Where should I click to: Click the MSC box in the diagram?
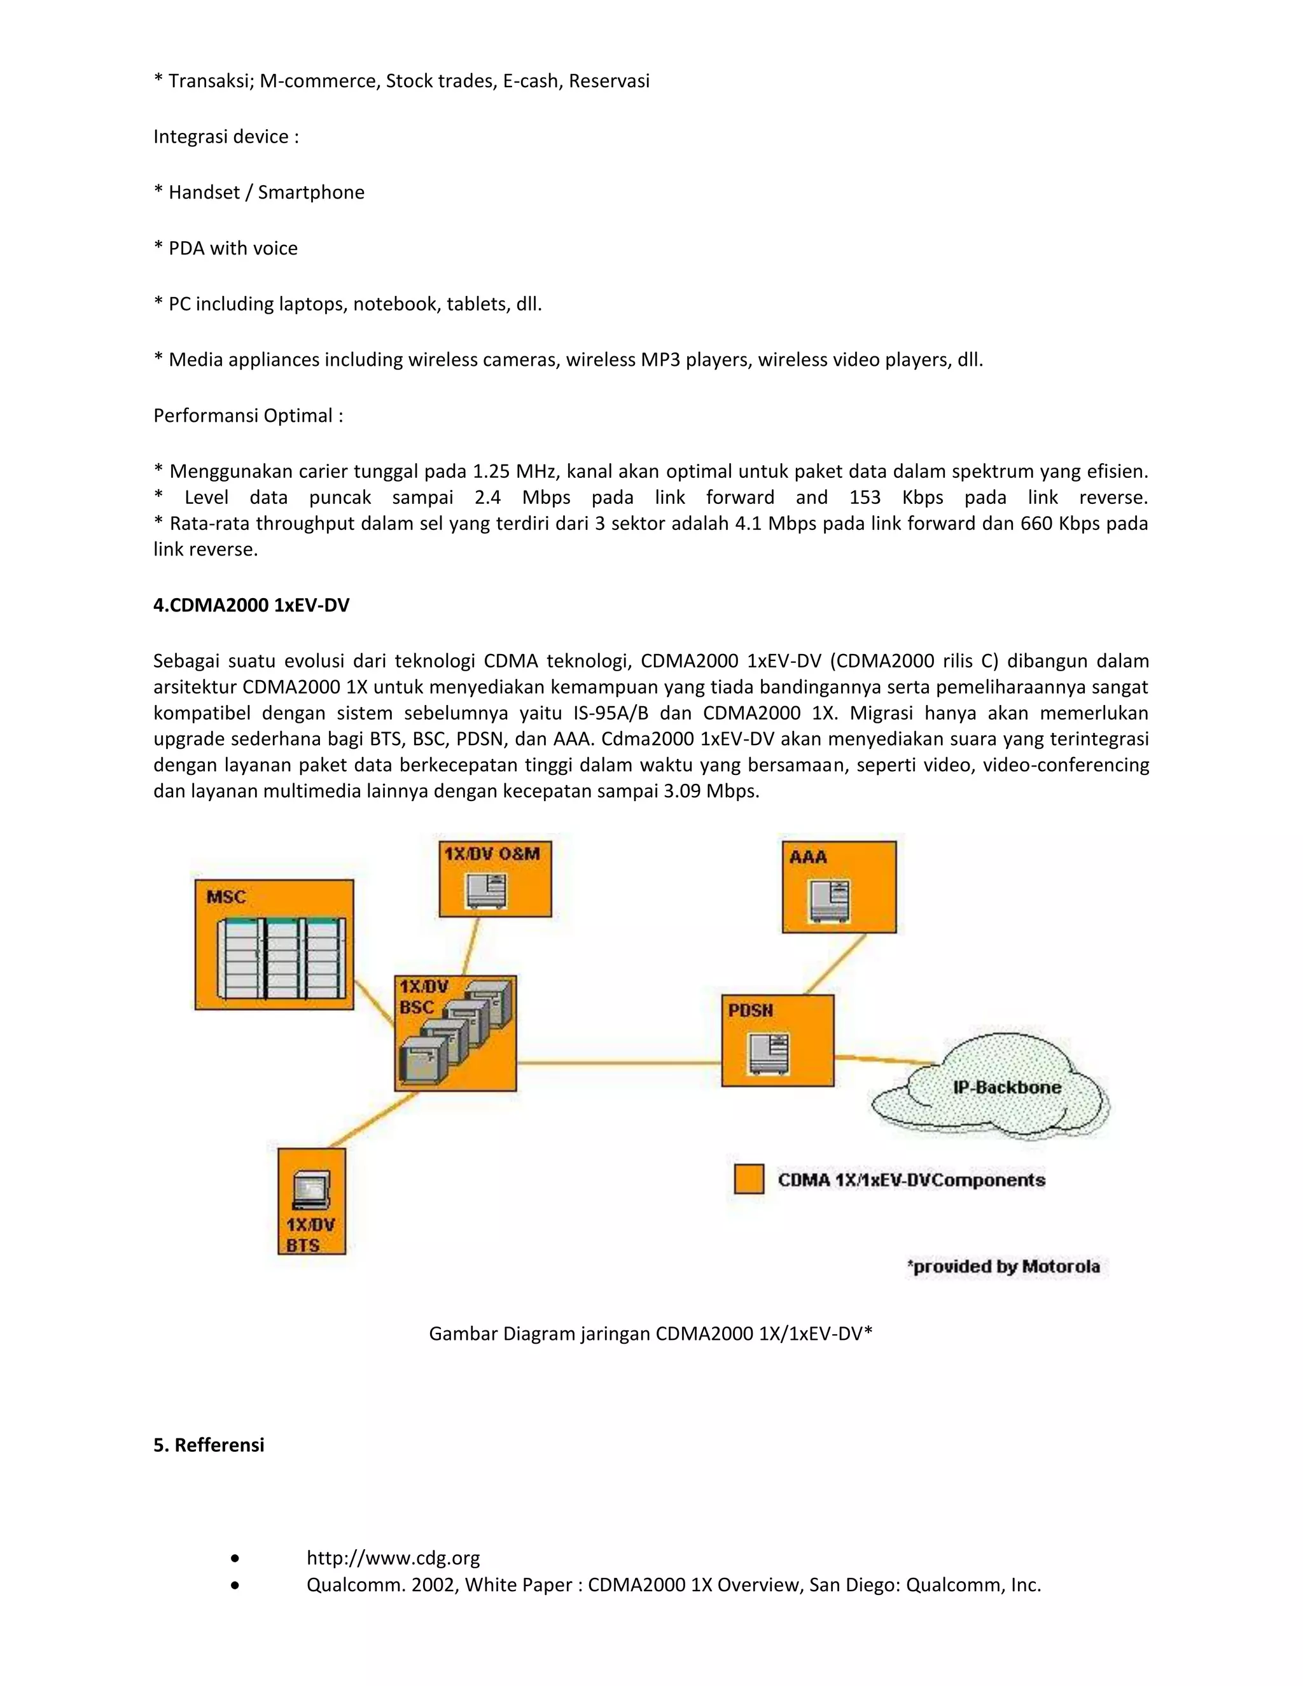(x=274, y=944)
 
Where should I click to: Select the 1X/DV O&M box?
(x=495, y=879)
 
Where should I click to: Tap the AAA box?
(x=839, y=887)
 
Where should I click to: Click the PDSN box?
(x=777, y=1040)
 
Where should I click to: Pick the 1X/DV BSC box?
(x=455, y=1033)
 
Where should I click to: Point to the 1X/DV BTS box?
(x=311, y=1201)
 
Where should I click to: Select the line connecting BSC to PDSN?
(x=618, y=1063)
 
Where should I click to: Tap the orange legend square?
(x=749, y=1179)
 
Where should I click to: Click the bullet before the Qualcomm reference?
(x=235, y=1585)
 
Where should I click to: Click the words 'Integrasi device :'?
(x=225, y=137)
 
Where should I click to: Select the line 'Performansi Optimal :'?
(x=247, y=415)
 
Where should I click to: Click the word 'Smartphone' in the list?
(x=310, y=192)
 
